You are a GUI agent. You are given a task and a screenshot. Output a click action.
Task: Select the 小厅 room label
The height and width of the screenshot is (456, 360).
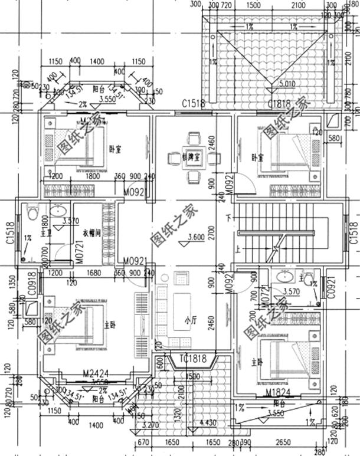coord(189,321)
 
